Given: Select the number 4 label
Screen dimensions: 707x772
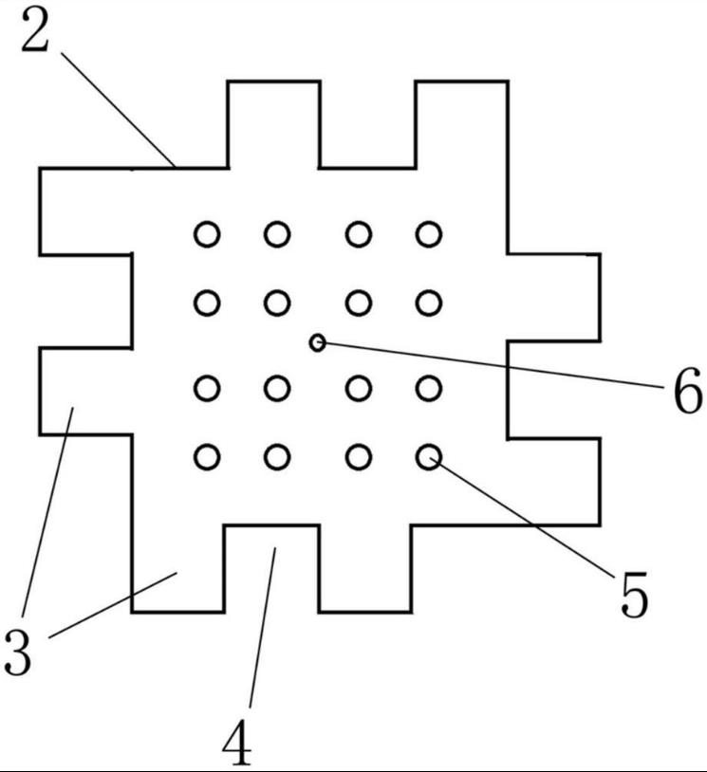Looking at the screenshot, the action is [237, 744].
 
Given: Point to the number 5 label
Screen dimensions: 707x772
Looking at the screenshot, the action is [633, 596].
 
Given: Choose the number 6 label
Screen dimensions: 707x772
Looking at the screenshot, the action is [687, 392].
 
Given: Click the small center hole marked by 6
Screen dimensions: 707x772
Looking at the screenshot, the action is [318, 341].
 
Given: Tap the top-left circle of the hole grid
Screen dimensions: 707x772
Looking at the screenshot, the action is [207, 233].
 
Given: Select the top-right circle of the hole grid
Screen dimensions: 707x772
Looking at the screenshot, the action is [429, 233].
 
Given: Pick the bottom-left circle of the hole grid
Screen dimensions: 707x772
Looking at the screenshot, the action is [207, 457].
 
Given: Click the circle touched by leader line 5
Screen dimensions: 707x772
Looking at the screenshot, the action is [429, 457].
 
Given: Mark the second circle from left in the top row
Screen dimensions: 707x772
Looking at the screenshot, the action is [277, 233].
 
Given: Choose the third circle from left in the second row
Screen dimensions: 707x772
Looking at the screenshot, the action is [358, 303].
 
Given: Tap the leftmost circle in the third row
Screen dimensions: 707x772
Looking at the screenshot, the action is [207, 388].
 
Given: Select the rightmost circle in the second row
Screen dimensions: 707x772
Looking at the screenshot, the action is [429, 303].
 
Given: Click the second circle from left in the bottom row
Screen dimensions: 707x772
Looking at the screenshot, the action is [277, 457].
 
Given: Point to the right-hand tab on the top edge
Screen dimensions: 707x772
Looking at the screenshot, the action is [461, 123].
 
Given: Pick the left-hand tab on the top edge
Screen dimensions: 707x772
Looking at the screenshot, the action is [273, 123].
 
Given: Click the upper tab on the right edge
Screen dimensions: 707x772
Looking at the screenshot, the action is [553, 297].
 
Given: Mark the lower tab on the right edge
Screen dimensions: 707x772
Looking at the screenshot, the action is [553, 481].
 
